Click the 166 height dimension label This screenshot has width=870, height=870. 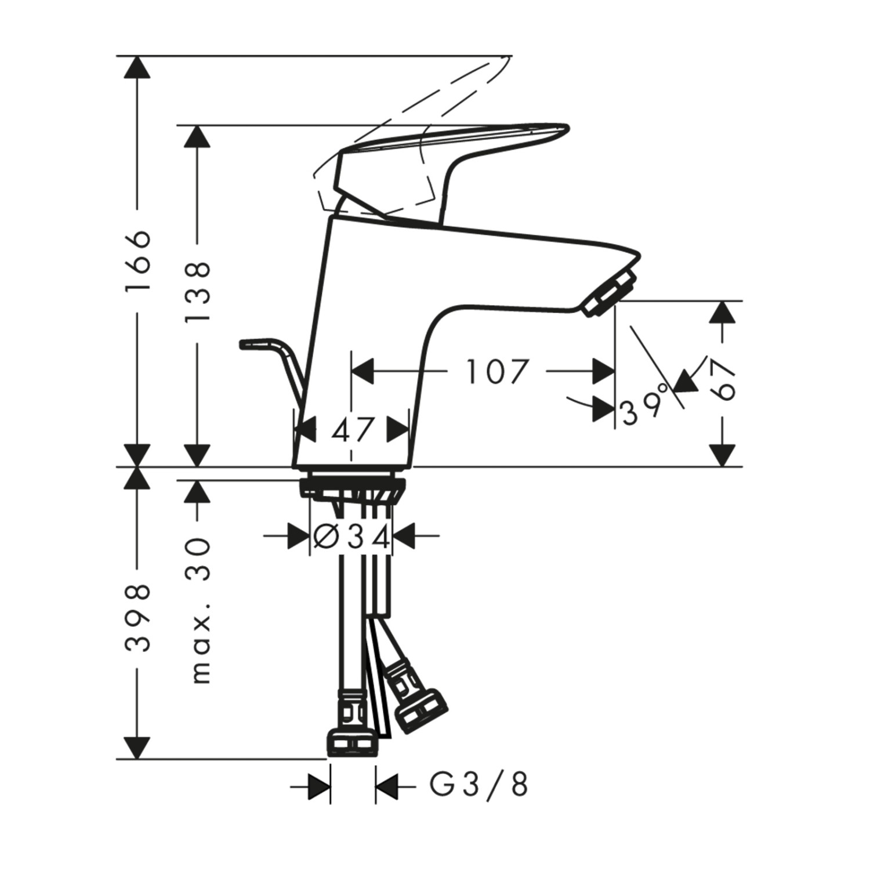point(138,262)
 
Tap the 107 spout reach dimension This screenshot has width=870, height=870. point(498,371)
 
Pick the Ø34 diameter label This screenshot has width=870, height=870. point(351,536)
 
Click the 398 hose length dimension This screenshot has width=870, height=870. point(138,618)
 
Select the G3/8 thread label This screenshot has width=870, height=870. point(478,786)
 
